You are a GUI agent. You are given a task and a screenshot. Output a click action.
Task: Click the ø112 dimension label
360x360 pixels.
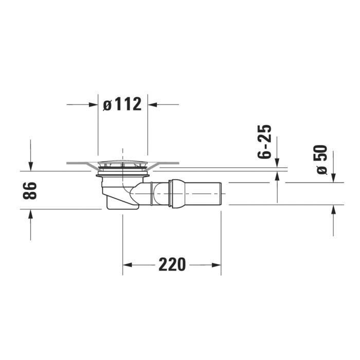coord(122,104)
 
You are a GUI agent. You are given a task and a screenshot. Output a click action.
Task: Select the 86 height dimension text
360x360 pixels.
coord(30,191)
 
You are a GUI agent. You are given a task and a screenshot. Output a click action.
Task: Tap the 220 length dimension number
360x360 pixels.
coord(172,265)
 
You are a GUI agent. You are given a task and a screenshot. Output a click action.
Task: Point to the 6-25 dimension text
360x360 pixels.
coord(264,141)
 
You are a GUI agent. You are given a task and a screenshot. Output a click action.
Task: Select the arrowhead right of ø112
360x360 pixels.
coord(152,105)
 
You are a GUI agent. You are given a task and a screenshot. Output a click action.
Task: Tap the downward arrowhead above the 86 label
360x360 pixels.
coord(30,166)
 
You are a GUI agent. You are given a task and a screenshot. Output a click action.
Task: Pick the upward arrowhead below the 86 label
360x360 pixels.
coord(30,214)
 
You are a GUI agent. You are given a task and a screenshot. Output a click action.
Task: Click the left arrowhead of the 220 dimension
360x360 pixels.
coord(128,265)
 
